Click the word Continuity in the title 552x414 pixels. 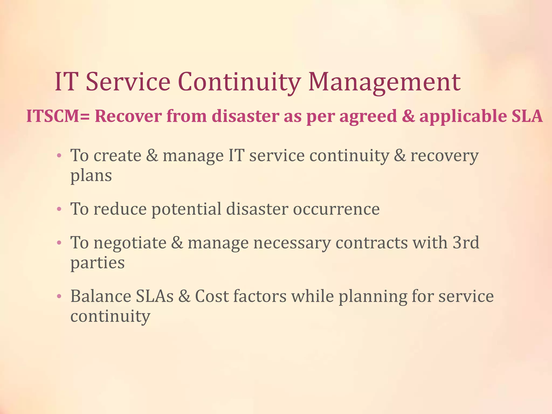pos(239,82)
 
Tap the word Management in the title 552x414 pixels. pos(384,82)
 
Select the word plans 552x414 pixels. pos(91,176)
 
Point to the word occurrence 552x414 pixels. pos(336,209)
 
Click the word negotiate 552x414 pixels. pos(130,243)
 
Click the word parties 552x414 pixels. pos(98,263)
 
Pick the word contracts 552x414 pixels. pos(372,243)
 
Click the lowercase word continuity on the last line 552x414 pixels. pos(110,316)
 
